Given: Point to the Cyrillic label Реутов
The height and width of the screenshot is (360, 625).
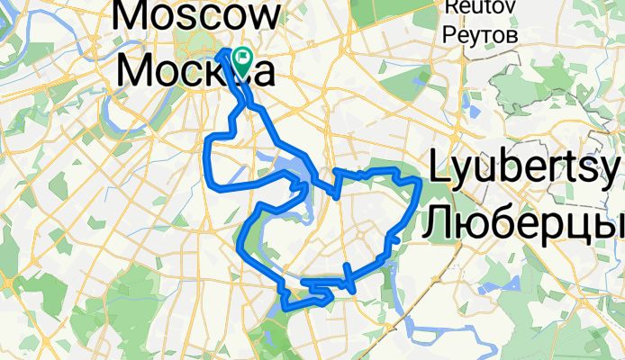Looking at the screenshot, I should click(x=481, y=35).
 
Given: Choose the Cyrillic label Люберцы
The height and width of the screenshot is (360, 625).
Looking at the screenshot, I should click(x=524, y=221).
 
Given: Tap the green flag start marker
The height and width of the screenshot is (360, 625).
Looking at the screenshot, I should click(x=243, y=60).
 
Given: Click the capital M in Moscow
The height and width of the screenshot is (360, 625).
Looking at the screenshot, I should click(x=133, y=15).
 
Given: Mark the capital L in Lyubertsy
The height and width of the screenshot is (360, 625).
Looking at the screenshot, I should click(x=440, y=166).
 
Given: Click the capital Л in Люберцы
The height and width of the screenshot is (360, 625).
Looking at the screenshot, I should click(x=440, y=220).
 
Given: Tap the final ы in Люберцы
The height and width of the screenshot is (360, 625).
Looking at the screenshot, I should click(x=606, y=220).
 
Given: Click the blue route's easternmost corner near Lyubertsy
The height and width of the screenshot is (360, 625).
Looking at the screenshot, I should click(x=421, y=181).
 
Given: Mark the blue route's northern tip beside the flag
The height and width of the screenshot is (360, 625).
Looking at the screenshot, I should click(x=221, y=54).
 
